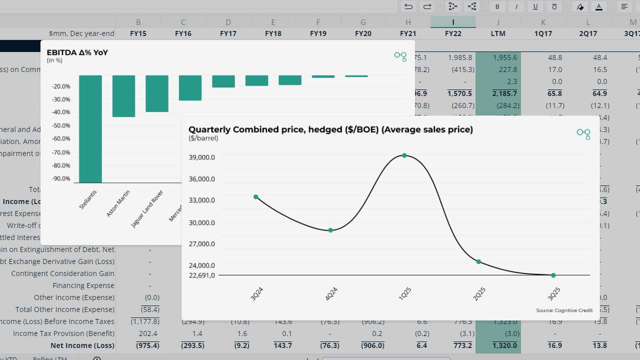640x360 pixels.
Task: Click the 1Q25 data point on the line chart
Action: [x=404, y=155]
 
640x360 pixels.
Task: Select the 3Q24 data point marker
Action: [x=256, y=197]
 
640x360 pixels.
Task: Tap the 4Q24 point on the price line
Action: [x=330, y=230]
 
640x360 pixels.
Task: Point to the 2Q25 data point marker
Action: [x=478, y=262]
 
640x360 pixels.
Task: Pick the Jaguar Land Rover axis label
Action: [x=147, y=209]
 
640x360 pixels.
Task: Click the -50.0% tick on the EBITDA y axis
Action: [x=61, y=125]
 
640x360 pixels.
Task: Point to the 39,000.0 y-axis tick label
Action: [x=201, y=157]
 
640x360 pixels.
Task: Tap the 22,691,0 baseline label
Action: [x=201, y=275]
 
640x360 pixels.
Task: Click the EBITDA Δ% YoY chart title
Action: [x=77, y=52]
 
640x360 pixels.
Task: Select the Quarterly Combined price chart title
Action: [x=330, y=129]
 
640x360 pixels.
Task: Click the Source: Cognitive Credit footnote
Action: [x=564, y=310]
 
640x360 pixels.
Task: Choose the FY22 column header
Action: [x=453, y=33]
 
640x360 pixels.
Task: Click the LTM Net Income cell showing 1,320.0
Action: [x=498, y=345]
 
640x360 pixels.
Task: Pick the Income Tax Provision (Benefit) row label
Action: [x=63, y=333]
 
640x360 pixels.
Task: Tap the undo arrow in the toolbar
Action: [x=408, y=6]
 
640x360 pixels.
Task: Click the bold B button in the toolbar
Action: [x=497, y=6]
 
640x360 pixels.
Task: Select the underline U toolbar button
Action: [x=535, y=6]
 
